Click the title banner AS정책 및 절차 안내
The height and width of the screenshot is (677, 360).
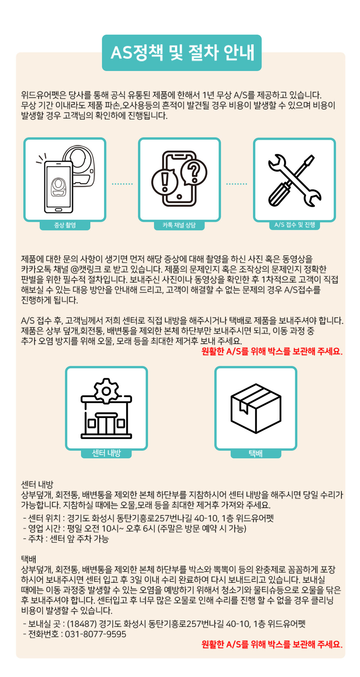181,53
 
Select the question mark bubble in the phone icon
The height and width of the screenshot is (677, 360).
194,172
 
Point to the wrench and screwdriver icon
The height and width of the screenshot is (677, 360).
294,180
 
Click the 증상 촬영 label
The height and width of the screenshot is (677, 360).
65,225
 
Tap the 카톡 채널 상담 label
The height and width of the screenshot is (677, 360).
179,225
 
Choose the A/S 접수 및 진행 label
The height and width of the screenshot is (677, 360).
294,225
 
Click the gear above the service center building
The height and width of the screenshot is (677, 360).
106,390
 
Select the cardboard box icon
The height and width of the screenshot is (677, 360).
256,408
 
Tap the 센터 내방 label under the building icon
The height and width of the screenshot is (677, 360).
106,453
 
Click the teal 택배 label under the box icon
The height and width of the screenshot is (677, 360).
256,453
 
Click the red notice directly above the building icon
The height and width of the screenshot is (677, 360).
272,351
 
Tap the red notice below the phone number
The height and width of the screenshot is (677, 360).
272,644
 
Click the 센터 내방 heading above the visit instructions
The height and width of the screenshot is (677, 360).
37,484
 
